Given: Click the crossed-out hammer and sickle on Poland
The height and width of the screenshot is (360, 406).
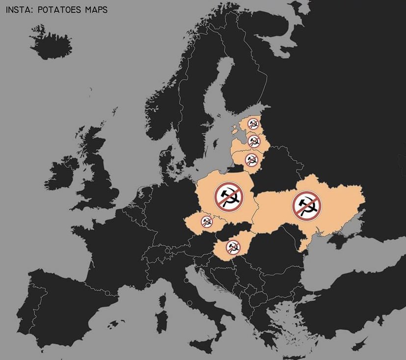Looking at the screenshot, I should [x=229, y=195].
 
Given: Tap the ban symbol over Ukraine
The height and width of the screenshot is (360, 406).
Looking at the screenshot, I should [x=307, y=205].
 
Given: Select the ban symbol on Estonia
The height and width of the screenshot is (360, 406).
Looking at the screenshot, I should [x=253, y=124].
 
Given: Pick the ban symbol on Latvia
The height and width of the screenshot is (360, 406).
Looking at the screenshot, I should [x=254, y=141].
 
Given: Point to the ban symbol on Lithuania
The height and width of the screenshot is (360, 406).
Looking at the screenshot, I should [x=251, y=160].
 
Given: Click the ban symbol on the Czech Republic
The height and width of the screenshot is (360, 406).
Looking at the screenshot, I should [x=207, y=222].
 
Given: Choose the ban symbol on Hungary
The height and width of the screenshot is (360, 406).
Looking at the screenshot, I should [x=233, y=247].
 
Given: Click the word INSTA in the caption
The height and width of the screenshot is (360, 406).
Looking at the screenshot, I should [x=18, y=9].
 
